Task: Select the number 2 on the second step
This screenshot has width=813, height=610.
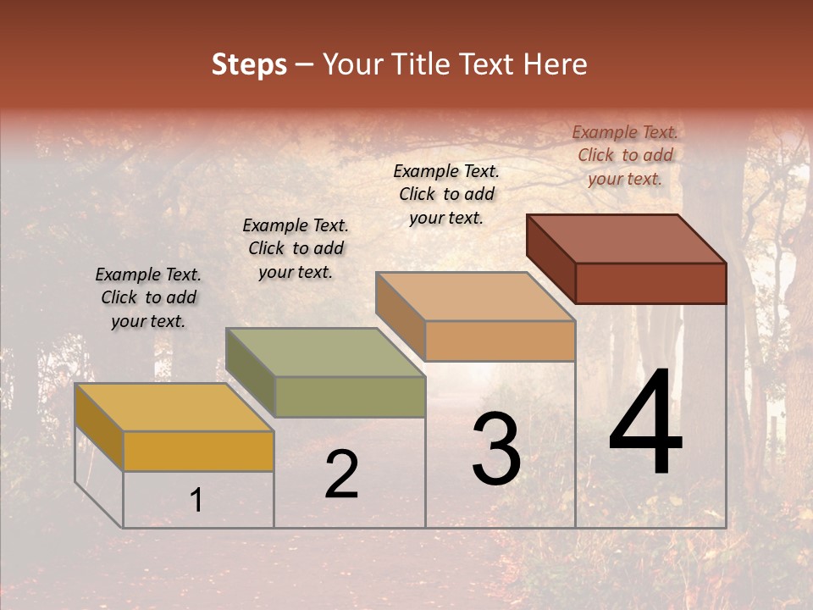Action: point(341,474)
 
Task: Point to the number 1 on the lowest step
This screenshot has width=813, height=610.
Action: point(196,501)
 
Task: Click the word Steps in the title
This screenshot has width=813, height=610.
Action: point(249,64)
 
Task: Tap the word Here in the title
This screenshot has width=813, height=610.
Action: point(556,64)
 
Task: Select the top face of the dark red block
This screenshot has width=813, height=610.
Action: point(627,238)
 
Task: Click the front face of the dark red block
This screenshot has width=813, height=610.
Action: point(650,283)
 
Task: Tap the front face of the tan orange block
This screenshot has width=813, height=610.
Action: point(500,341)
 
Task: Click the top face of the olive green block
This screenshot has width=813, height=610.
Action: point(325,352)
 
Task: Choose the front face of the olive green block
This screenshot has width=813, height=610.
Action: point(350,396)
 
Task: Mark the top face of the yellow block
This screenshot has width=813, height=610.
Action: point(174,408)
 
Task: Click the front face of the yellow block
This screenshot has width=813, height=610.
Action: point(198,451)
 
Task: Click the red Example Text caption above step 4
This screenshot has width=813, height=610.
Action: point(625,155)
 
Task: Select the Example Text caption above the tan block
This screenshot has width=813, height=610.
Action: point(446,194)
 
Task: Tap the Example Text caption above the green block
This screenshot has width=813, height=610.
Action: point(296,248)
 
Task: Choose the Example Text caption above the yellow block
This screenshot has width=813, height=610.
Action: point(148,297)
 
